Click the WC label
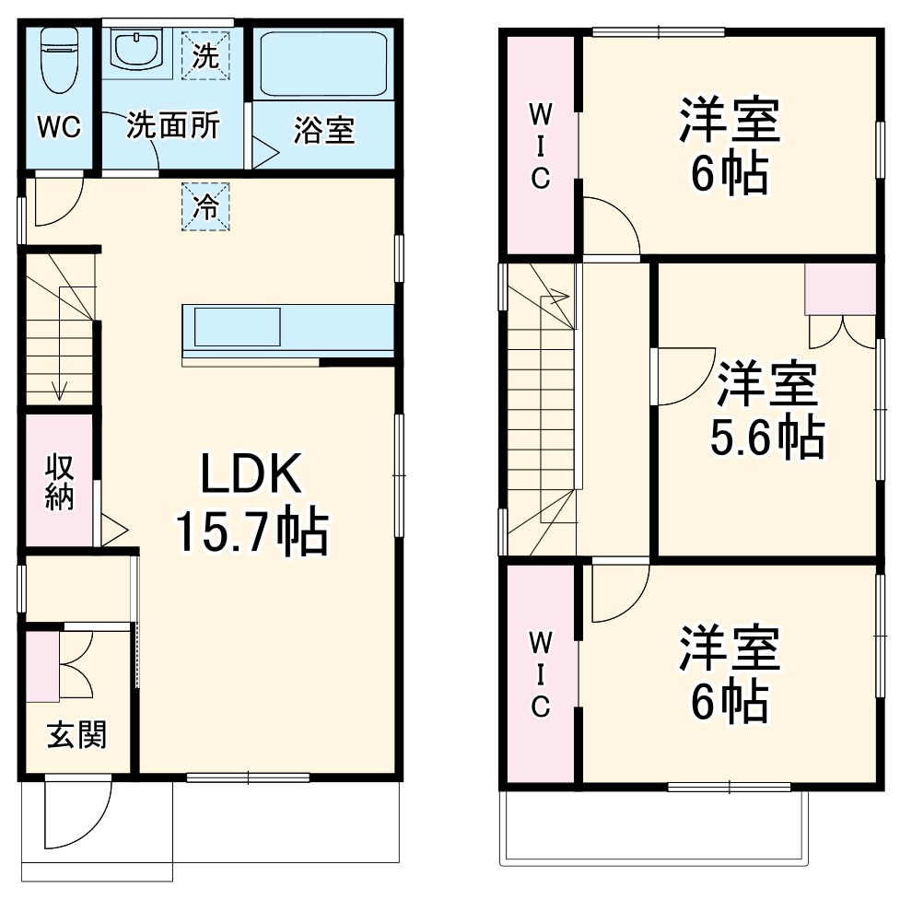click(x=58, y=127)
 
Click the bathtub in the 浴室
click(x=321, y=64)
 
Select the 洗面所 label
click(x=173, y=125)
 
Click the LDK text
click(x=251, y=477)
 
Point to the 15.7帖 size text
click(x=251, y=532)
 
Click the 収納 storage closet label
click(x=59, y=481)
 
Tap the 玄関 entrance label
click(x=76, y=735)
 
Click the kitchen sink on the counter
click(x=237, y=327)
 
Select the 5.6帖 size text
click(x=766, y=438)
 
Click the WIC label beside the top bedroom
click(x=540, y=146)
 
